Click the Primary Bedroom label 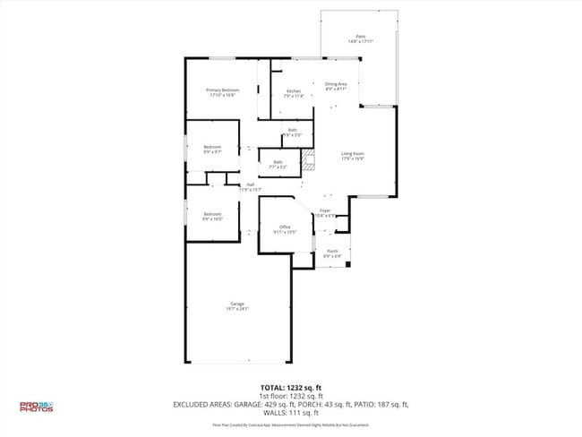click(223, 90)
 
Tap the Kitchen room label click(293, 90)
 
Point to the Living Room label click(353, 153)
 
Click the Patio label click(360, 37)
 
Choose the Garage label click(237, 304)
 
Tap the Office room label click(285, 227)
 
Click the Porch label click(332, 251)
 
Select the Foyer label click(326, 210)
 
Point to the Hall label click(251, 184)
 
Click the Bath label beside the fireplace click(278, 161)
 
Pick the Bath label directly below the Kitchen click(293, 130)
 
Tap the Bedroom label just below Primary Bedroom click(212, 146)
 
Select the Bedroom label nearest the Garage click(212, 213)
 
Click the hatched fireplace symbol click(309, 161)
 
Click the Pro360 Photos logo click(37, 407)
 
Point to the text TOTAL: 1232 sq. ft click(291, 388)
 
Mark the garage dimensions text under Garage click(237, 309)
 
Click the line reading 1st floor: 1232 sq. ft click(291, 396)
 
